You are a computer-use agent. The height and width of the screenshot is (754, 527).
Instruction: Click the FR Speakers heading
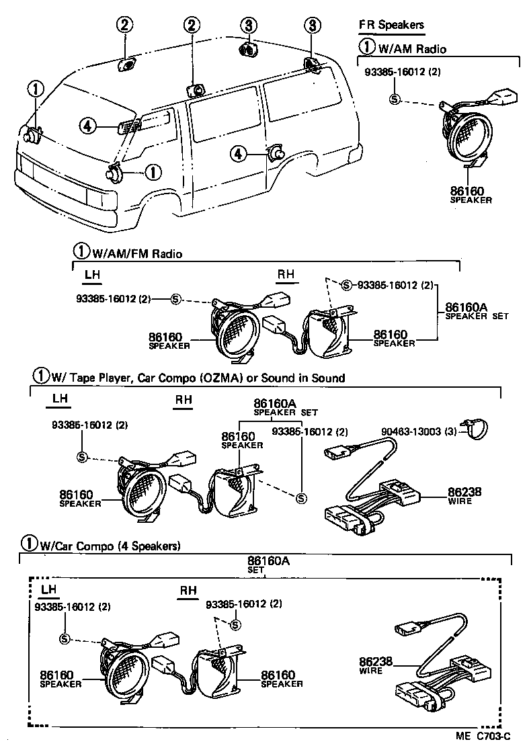(391, 25)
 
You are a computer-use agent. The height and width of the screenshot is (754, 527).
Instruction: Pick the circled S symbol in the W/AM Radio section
(395, 99)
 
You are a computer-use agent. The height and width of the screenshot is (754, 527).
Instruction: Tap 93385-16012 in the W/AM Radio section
(402, 72)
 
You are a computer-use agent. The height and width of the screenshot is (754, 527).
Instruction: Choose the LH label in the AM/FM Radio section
(92, 275)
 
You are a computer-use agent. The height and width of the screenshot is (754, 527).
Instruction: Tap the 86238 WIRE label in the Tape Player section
(464, 495)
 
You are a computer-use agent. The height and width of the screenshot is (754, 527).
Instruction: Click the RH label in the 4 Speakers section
(188, 591)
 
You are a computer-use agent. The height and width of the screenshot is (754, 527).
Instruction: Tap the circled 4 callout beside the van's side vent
(87, 125)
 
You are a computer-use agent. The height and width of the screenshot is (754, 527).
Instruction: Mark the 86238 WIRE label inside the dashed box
(375, 665)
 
